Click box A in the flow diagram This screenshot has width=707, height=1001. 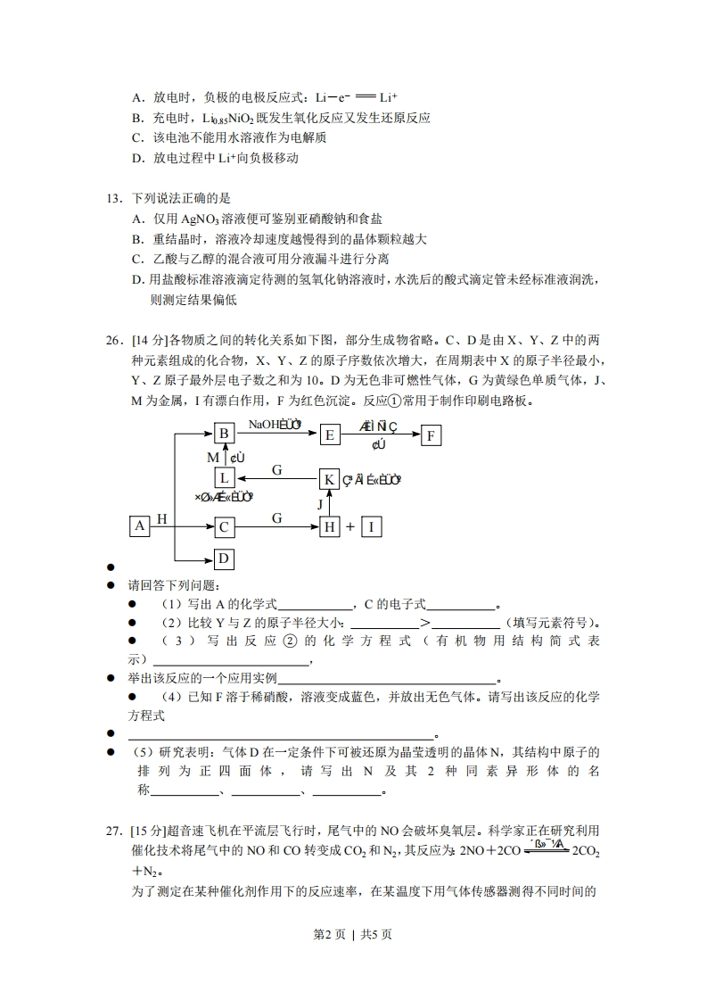139,526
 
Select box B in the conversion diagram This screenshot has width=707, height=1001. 224,434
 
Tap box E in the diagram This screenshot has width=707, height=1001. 330,434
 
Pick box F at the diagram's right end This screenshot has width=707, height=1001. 432,434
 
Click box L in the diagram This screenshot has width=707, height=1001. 224,479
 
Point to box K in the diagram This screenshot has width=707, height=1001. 329,479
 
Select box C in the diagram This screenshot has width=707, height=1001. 224,527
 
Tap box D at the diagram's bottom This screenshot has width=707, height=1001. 224,559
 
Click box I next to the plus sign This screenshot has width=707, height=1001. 371,527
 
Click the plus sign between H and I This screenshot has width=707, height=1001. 350,527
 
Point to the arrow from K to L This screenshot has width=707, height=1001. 276,479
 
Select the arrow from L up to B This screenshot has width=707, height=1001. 224,457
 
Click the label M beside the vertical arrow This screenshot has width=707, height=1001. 213,458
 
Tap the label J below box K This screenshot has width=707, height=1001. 320,504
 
